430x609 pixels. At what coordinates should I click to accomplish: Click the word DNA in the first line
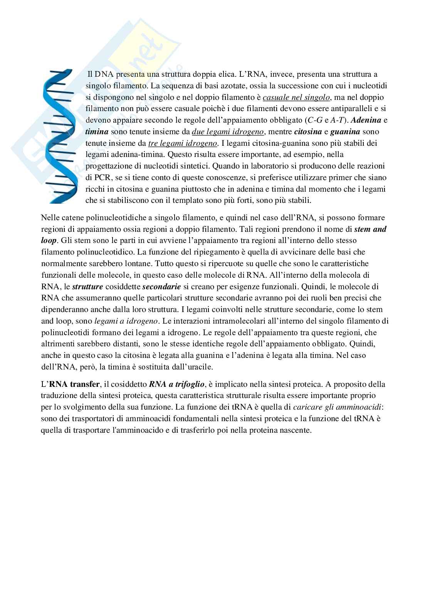tap(104, 74)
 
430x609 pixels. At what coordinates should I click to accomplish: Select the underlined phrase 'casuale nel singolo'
tap(296, 97)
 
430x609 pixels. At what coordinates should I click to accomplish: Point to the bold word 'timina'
tap(97, 132)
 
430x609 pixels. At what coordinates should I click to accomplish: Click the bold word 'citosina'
tap(308, 132)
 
